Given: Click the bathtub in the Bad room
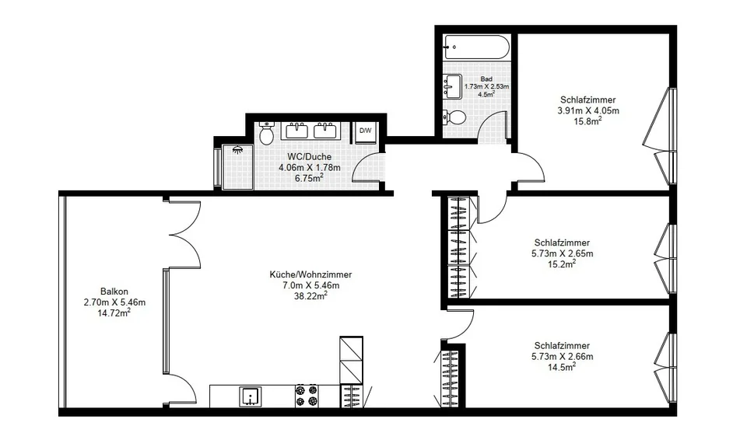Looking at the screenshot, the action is (477, 47).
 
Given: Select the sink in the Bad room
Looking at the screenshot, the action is (453, 86).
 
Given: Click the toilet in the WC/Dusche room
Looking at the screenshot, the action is (266, 133).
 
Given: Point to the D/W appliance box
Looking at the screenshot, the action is (366, 132).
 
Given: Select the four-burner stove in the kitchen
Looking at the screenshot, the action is (307, 396).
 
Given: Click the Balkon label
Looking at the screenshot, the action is (114, 292).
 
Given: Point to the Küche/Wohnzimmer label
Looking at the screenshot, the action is (310, 274).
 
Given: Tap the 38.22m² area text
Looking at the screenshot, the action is (310, 296).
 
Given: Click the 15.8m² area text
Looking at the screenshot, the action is (588, 121).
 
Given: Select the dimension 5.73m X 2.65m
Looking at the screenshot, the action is (562, 253).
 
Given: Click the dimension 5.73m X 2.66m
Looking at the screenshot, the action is (562, 357).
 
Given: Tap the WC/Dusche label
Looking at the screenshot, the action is (309, 156).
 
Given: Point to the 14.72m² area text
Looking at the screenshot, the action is (114, 313).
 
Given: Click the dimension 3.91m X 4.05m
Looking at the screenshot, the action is (588, 110).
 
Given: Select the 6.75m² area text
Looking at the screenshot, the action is (309, 178).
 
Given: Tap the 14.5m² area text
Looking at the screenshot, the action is (562, 367).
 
